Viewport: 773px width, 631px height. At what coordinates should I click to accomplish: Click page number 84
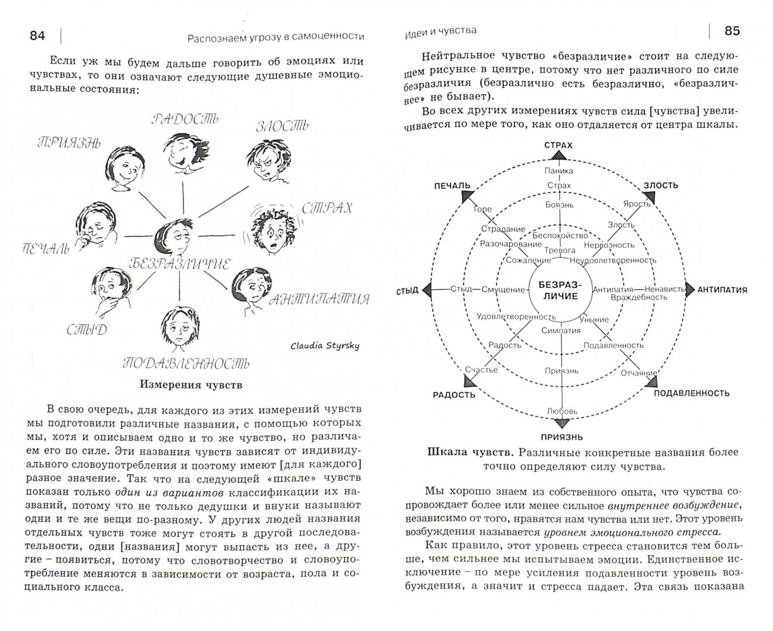coord(37,35)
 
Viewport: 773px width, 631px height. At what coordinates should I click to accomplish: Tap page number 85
coord(732,31)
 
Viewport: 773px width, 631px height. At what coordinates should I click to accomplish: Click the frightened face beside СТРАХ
coord(270,228)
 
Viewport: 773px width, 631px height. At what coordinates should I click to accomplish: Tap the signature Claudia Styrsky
coord(325,345)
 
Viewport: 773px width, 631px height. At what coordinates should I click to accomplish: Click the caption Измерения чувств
coord(191,385)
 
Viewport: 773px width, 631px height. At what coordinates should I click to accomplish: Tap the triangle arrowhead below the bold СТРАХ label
coord(558,155)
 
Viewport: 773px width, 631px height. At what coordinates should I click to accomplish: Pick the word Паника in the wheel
coord(558,171)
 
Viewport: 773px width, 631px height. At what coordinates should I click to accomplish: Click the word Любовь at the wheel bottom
coord(562,411)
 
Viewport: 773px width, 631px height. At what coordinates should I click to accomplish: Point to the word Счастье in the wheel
coord(482,369)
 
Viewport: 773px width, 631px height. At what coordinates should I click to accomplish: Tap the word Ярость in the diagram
coord(637,203)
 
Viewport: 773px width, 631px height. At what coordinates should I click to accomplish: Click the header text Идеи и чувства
coord(440,30)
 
